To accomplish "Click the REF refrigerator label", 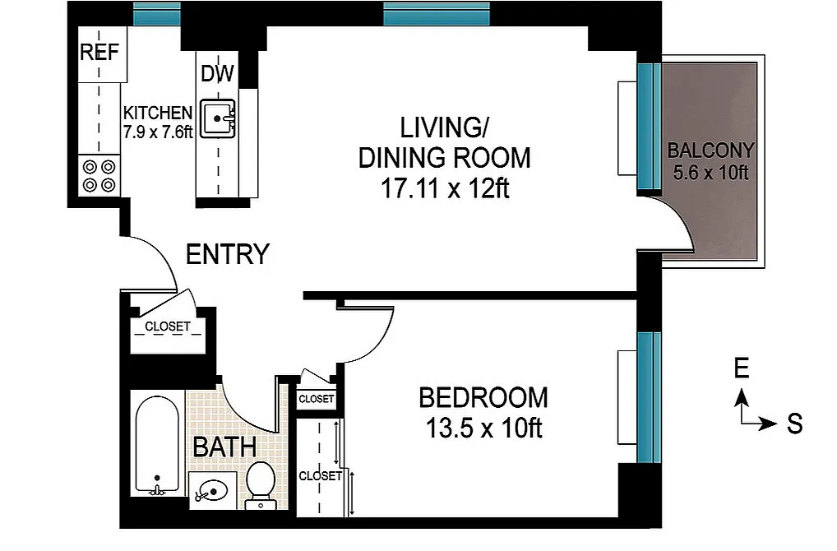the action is pyautogui.click(x=99, y=53).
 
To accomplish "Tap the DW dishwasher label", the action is pyautogui.click(x=217, y=74).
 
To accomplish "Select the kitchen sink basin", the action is pyautogui.click(x=217, y=118).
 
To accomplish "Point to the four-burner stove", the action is pyautogui.click(x=99, y=176).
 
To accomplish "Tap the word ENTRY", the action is pyautogui.click(x=228, y=254).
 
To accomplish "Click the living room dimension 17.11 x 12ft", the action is pyautogui.click(x=445, y=188).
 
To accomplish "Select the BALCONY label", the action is pyautogui.click(x=711, y=150).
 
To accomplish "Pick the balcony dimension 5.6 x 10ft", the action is pyautogui.click(x=710, y=173).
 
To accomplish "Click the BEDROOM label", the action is pyautogui.click(x=483, y=398).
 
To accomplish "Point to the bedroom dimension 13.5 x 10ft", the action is pyautogui.click(x=483, y=428).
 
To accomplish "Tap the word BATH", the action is pyautogui.click(x=224, y=447).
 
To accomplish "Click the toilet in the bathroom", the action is pyautogui.click(x=261, y=484).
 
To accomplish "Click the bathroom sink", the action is pyautogui.click(x=212, y=491).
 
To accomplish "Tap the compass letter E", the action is pyautogui.click(x=742, y=368).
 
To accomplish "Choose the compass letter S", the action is pyautogui.click(x=795, y=424).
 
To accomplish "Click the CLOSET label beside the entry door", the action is pyautogui.click(x=168, y=326).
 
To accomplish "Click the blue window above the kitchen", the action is pyautogui.click(x=156, y=14).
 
